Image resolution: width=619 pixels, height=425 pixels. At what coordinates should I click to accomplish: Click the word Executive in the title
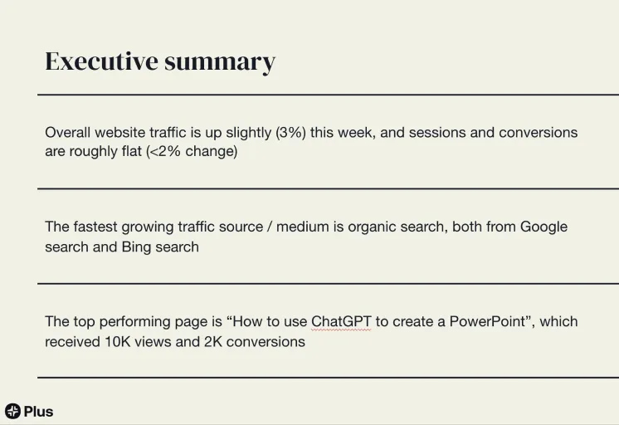101,61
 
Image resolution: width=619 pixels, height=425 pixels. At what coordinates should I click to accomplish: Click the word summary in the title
220,63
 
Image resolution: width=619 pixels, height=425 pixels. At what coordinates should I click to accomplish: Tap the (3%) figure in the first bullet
290,132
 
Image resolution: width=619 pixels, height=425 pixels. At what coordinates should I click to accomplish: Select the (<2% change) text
192,151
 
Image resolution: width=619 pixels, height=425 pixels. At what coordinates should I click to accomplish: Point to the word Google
543,227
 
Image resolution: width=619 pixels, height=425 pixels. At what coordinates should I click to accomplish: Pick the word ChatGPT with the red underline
341,321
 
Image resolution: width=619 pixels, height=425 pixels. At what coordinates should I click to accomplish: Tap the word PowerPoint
488,321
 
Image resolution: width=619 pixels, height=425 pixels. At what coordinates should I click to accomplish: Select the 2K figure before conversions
212,342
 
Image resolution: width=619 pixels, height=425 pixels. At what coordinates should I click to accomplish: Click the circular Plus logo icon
12,411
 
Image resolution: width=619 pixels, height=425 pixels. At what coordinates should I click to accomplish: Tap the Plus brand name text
38,412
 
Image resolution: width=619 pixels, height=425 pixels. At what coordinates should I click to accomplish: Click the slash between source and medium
269,227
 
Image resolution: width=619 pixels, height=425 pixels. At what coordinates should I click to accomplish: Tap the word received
73,342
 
